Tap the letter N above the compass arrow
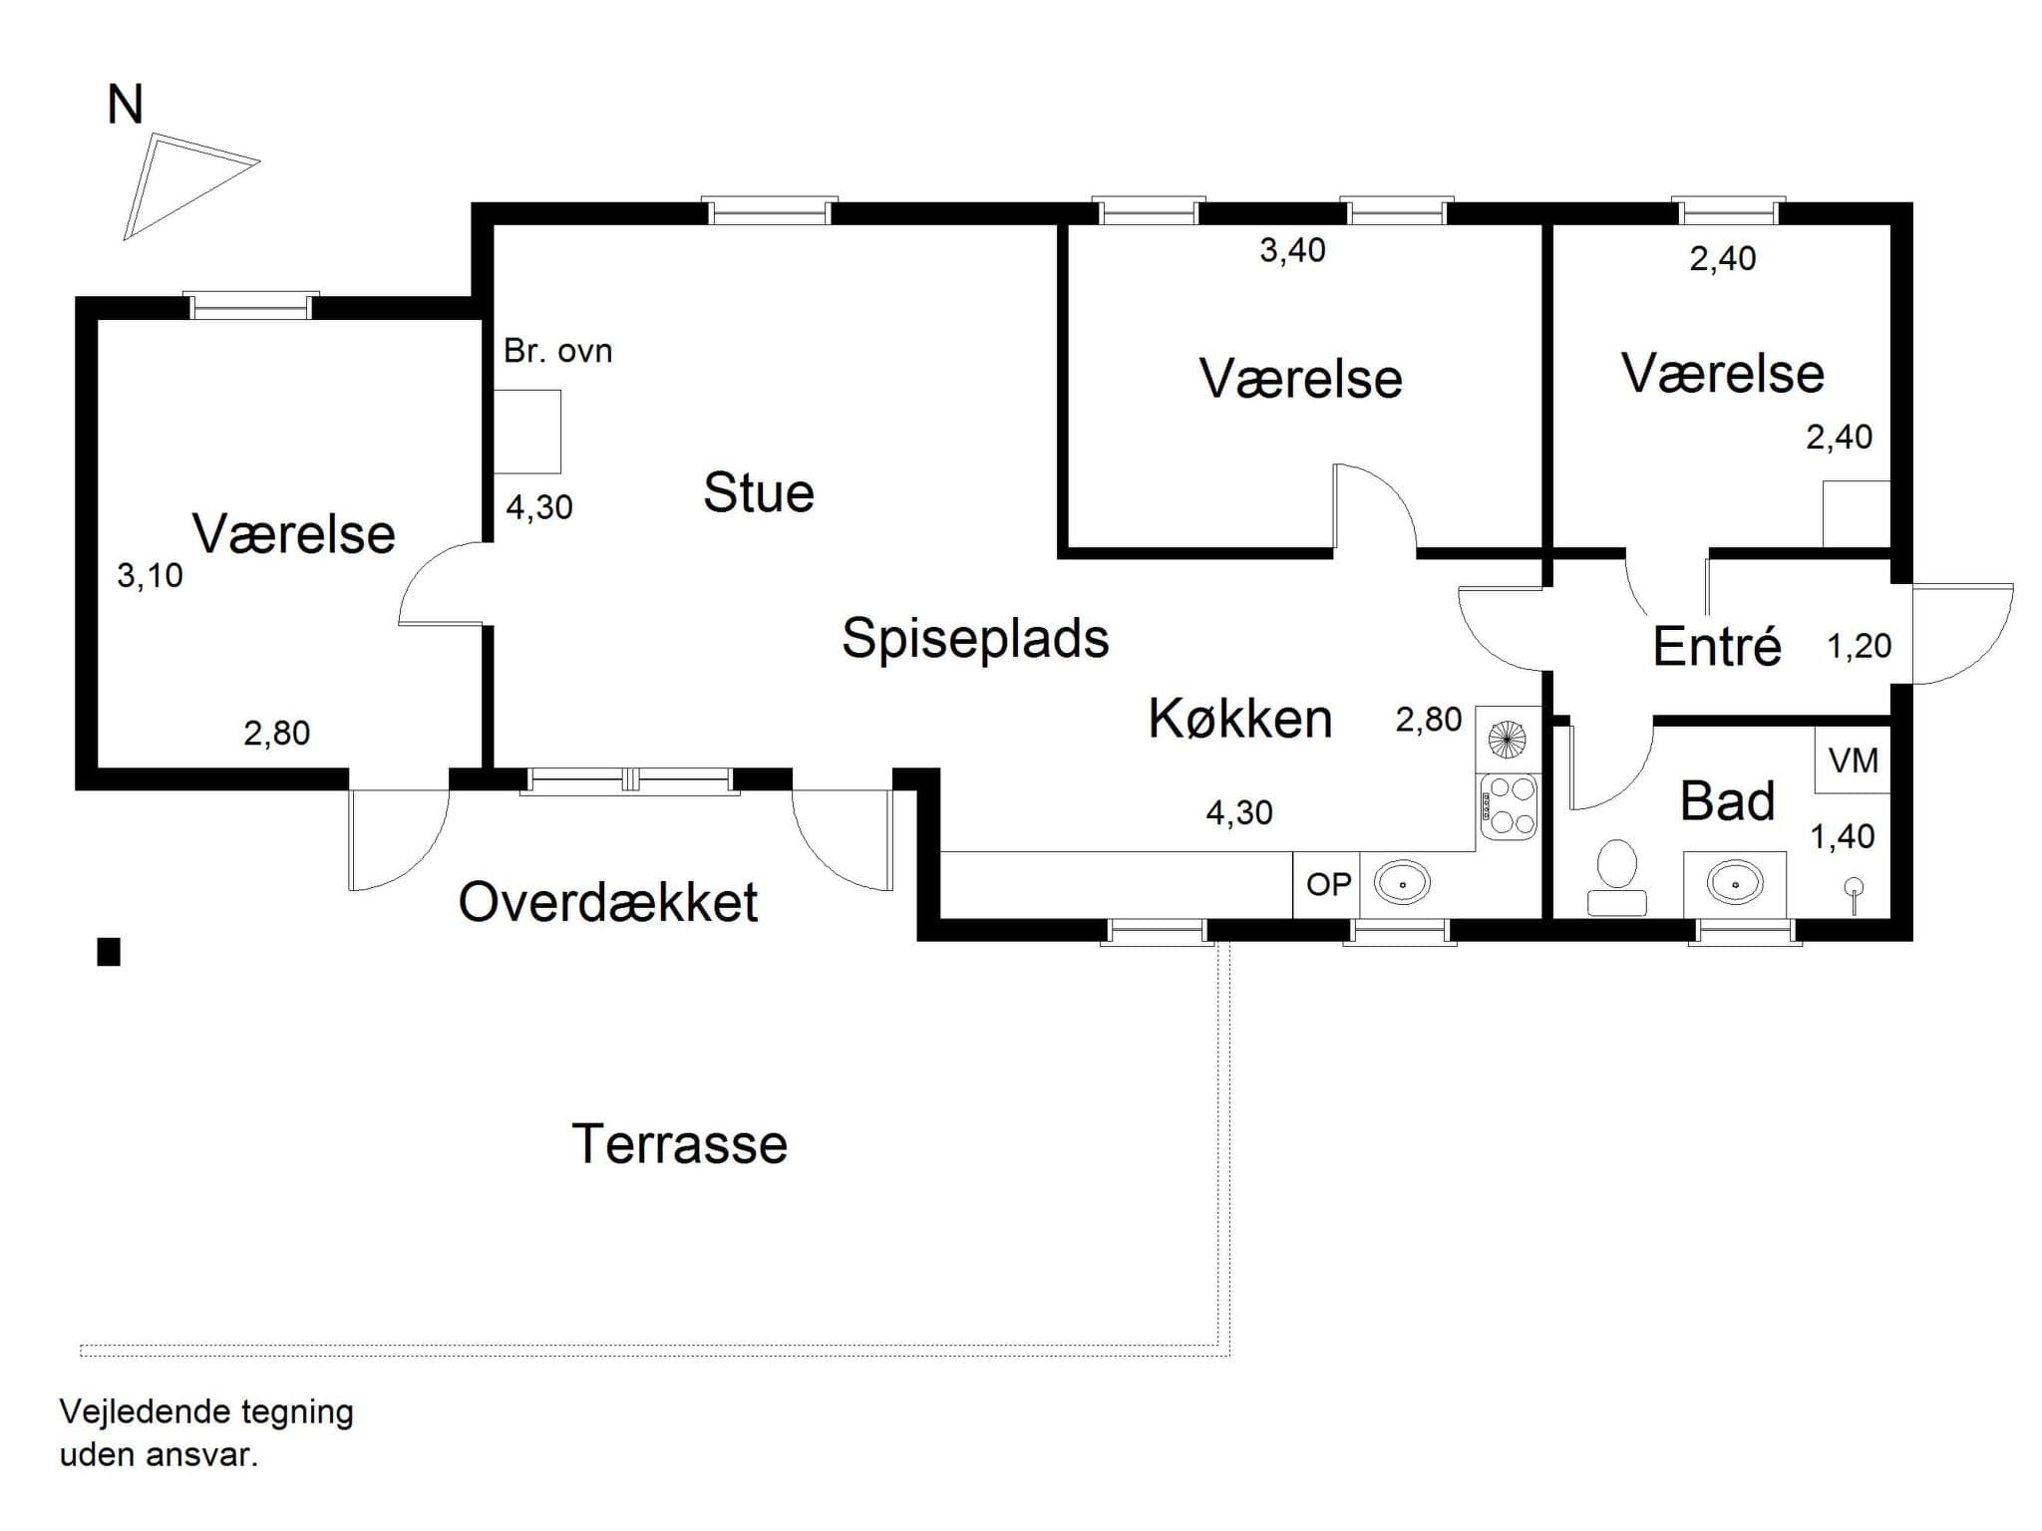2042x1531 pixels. point(126,105)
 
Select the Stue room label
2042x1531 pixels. point(759,492)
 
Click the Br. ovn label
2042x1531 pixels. point(557,351)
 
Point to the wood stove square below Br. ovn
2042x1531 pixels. point(528,431)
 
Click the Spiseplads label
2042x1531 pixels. point(975,638)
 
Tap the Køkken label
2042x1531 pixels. point(1240,718)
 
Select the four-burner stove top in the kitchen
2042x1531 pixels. point(1508,805)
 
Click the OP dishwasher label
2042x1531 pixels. point(1328,884)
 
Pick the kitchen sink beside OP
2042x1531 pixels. point(1403,883)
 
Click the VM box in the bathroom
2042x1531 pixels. point(1853,761)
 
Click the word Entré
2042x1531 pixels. point(1717,646)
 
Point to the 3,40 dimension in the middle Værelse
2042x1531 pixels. point(1292,250)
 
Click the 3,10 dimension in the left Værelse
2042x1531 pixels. point(150,575)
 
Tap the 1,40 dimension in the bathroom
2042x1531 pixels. point(1843,836)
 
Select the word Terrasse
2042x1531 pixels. point(679,1144)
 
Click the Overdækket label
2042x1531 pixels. point(608,902)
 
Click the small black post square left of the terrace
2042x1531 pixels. point(109,952)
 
